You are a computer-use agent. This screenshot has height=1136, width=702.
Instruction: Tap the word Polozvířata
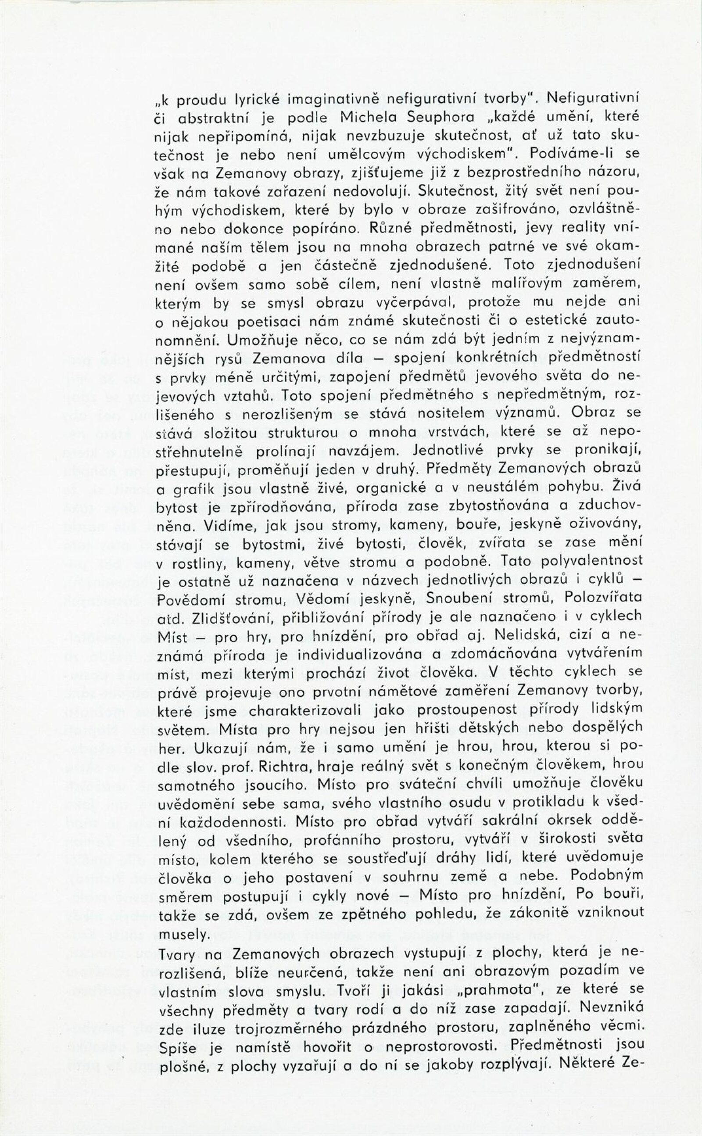603,598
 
